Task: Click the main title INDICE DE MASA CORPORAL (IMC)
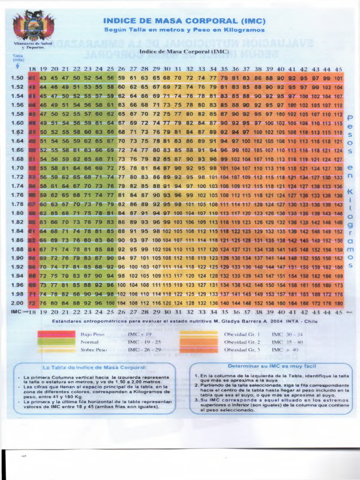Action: [x=184, y=21]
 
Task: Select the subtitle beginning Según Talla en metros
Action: [x=184, y=30]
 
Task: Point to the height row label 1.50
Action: [x=17, y=78]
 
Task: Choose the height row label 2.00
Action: [x=17, y=303]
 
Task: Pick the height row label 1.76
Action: [x=17, y=195]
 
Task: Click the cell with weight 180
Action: [x=339, y=303]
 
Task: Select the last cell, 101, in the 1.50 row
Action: [x=339, y=78]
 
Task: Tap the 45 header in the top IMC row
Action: [x=338, y=69]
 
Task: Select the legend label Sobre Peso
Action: [x=94, y=350]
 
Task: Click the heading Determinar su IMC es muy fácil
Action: [x=271, y=366]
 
